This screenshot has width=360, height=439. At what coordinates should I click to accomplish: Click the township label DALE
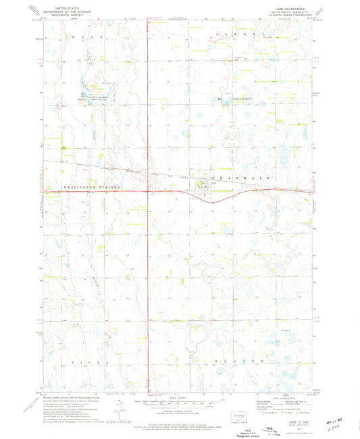[88, 36]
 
